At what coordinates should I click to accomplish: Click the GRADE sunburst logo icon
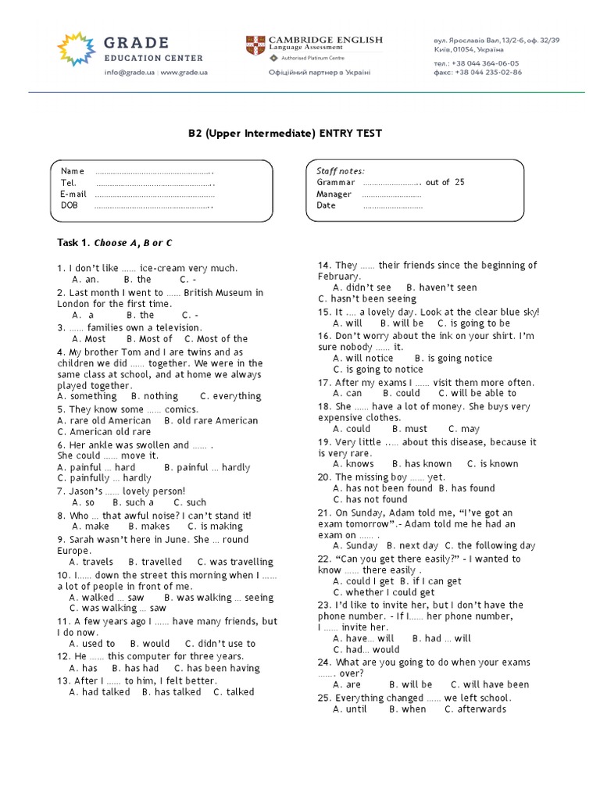76,48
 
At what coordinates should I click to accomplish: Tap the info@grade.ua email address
130,73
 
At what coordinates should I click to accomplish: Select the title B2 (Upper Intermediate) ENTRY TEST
284,134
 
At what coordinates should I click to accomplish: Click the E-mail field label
73,194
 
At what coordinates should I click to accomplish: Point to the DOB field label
70,205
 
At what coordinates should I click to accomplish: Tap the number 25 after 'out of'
459,182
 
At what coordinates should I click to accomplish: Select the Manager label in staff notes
334,194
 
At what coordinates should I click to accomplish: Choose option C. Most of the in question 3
216,339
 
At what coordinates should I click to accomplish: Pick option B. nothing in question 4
155,396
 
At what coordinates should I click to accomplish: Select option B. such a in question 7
140,502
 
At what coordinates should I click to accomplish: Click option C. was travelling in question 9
235,562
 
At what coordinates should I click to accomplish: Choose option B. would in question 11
150,644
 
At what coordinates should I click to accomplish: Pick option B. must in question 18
410,429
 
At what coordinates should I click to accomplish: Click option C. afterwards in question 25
475,709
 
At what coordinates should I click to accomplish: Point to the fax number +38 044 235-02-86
477,72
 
